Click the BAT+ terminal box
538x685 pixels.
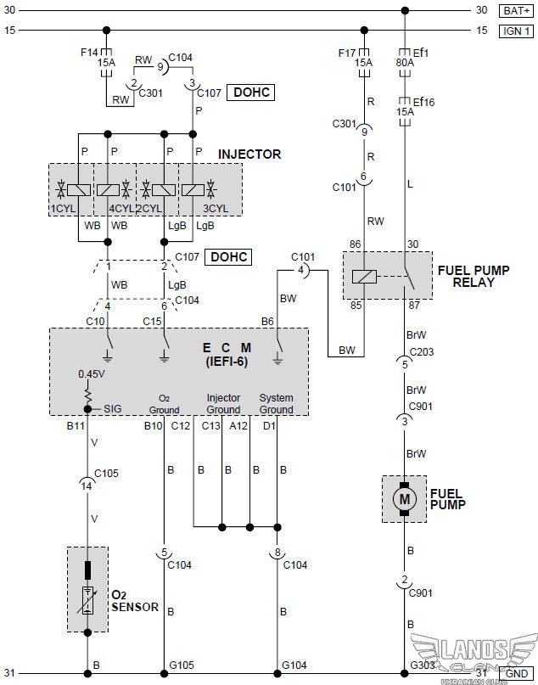[516, 10]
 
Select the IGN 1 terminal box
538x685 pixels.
[516, 31]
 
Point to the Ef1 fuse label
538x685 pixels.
[419, 53]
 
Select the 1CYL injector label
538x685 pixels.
[63, 208]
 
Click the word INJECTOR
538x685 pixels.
[249, 154]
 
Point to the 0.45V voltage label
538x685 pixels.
[91, 373]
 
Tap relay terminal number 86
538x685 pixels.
[354, 244]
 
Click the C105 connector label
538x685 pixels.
[107, 473]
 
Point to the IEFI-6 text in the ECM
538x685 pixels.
[227, 361]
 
